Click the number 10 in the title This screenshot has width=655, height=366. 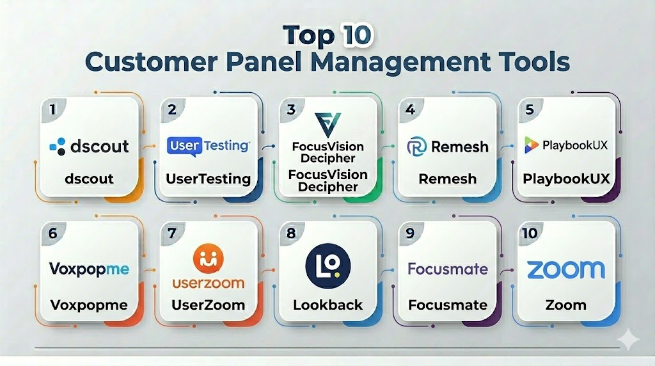pos(356,35)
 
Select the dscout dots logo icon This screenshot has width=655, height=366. pos(58,147)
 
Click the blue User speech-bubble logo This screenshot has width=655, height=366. pos(185,147)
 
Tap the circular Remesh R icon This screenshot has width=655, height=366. pos(417,147)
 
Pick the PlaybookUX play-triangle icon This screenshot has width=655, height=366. pos(531,145)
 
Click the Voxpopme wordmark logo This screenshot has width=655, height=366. pos(89,269)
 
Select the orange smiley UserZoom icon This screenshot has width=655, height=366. pos(208,259)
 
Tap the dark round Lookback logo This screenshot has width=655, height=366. pos(328,266)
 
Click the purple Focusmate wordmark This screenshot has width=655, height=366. pos(447,269)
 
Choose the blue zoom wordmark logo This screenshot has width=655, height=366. pos(565,269)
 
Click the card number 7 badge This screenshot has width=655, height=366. pos(171,233)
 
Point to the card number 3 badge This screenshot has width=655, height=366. pos(291,109)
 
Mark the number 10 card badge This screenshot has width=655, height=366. pos(530,233)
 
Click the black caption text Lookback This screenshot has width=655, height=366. pos(328,305)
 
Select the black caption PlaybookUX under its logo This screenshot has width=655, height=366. pos(566,179)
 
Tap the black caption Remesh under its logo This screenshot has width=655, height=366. pos(447,179)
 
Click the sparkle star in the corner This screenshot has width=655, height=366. pos(628,340)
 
